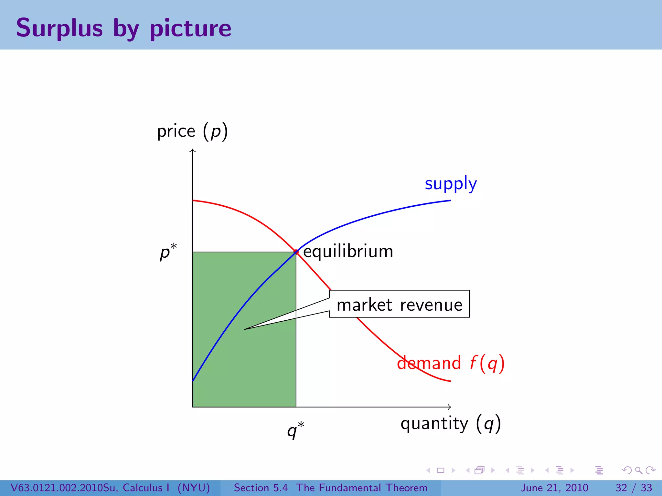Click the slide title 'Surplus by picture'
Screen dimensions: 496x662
[x=123, y=28]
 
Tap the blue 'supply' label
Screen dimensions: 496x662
[x=451, y=183]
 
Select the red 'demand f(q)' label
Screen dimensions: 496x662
[x=451, y=363]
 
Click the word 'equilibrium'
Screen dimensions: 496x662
[x=348, y=251]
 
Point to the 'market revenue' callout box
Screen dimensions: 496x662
[x=399, y=304]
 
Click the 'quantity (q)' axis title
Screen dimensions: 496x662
[x=451, y=424]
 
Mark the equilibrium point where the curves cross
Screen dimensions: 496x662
[x=296, y=252]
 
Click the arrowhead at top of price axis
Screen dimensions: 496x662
[x=193, y=150]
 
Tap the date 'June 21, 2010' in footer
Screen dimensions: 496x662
[x=554, y=488]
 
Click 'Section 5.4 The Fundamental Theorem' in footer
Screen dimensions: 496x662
[x=330, y=488]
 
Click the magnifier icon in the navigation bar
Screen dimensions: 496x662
[x=638, y=470]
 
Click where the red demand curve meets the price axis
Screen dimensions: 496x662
[x=193, y=201]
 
